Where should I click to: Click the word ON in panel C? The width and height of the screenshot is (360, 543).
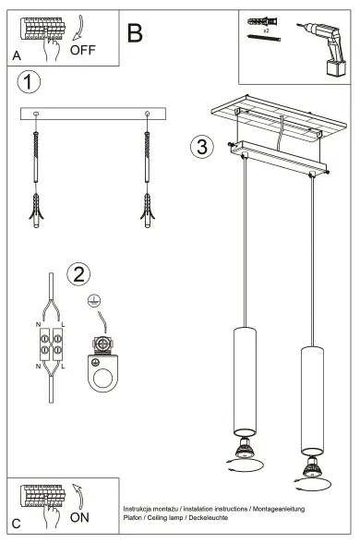tap(81, 519)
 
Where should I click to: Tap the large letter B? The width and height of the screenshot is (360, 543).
tap(136, 33)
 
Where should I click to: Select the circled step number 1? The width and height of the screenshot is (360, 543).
tap(30, 82)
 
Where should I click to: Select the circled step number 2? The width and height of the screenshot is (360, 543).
tap(79, 273)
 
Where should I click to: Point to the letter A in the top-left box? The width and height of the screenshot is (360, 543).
tap(17, 56)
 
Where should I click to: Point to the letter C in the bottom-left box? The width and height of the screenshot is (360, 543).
tap(17, 525)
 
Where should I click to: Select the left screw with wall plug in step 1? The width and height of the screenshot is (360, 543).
tap(37, 175)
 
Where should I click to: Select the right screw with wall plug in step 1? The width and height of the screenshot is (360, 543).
tap(147, 175)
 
